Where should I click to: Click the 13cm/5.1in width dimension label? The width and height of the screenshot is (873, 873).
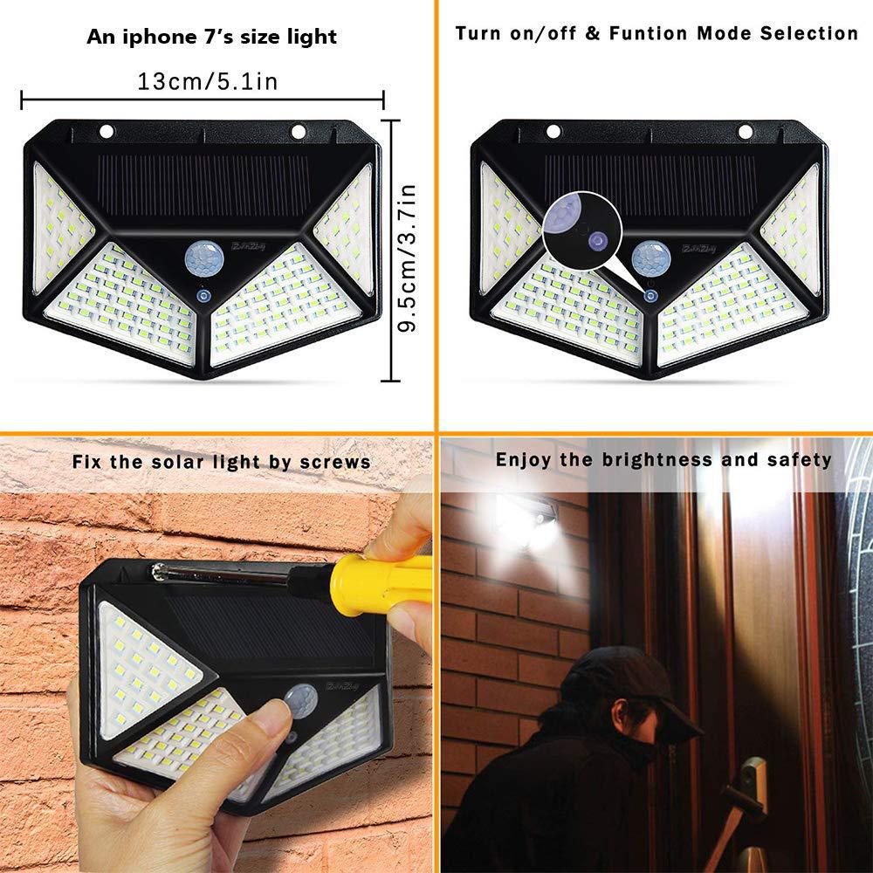pyautogui.click(x=207, y=81)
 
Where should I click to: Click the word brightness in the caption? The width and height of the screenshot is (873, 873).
pyautogui.click(x=653, y=459)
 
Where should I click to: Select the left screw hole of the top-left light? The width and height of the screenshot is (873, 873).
pyautogui.click(x=107, y=132)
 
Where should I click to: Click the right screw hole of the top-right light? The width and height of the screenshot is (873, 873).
pyautogui.click(x=745, y=132)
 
